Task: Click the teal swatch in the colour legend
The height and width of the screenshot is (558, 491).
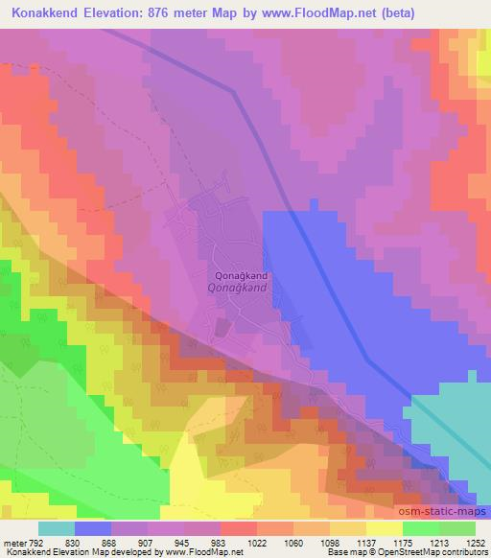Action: coord(57,528)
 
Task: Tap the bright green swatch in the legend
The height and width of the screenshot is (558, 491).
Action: coord(420,528)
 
